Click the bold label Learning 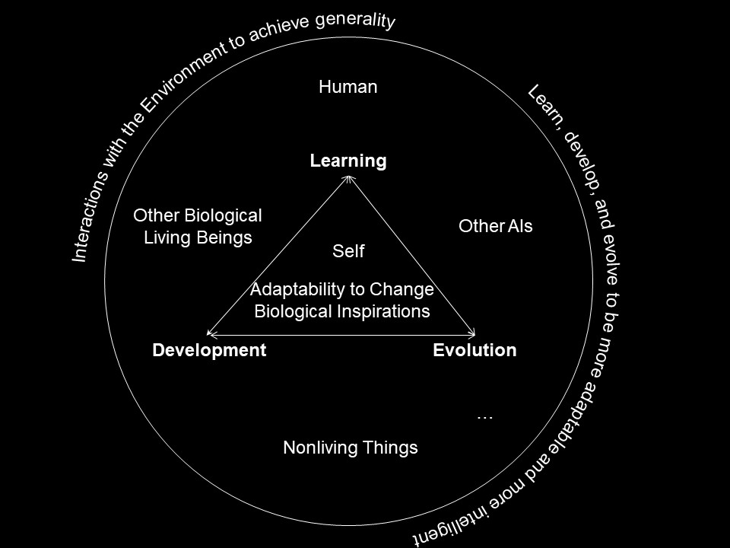pyautogui.click(x=348, y=161)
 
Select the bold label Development pyautogui.click(x=209, y=350)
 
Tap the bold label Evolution pyautogui.click(x=474, y=350)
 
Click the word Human pyautogui.click(x=348, y=87)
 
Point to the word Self pyautogui.click(x=349, y=250)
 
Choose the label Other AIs pyautogui.click(x=496, y=226)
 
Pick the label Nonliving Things pyautogui.click(x=351, y=448)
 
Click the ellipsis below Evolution pyautogui.click(x=484, y=416)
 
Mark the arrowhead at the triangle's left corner pyautogui.click(x=210, y=333)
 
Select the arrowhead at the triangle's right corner pyautogui.click(x=473, y=333)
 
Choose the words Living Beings pyautogui.click(x=198, y=237)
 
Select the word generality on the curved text pyautogui.click(x=358, y=20)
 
